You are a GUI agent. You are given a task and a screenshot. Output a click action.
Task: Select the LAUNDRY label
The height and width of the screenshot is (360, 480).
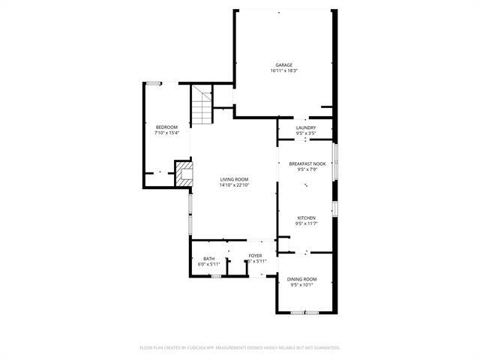(x=306, y=127)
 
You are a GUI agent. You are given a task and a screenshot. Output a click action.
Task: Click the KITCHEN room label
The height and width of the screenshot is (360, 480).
(x=306, y=217)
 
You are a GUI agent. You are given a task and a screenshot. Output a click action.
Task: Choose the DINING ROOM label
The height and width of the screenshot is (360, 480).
(x=301, y=279)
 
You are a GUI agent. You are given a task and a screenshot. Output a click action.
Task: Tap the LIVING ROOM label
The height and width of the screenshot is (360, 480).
(x=234, y=179)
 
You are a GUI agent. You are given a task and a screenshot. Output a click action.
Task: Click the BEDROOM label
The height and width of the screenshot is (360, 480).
(x=166, y=127)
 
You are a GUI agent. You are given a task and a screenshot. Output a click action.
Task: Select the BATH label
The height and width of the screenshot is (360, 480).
(x=208, y=259)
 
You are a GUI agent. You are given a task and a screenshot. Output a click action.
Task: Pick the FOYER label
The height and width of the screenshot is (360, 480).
(x=256, y=256)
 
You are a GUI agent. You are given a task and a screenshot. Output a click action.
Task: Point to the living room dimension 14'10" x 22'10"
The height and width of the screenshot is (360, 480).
(x=234, y=185)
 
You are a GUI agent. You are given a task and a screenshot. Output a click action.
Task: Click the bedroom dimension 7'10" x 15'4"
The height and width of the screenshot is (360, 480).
(x=166, y=133)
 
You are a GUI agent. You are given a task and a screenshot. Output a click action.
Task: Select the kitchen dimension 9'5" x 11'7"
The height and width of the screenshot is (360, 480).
(x=306, y=223)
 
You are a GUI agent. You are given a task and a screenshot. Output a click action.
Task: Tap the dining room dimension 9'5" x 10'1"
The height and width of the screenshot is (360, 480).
(x=301, y=285)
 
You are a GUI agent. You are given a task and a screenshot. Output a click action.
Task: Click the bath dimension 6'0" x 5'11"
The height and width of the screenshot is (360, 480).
(x=208, y=265)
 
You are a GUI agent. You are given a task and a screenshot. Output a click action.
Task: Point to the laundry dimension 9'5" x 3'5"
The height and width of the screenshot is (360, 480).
(x=306, y=133)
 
